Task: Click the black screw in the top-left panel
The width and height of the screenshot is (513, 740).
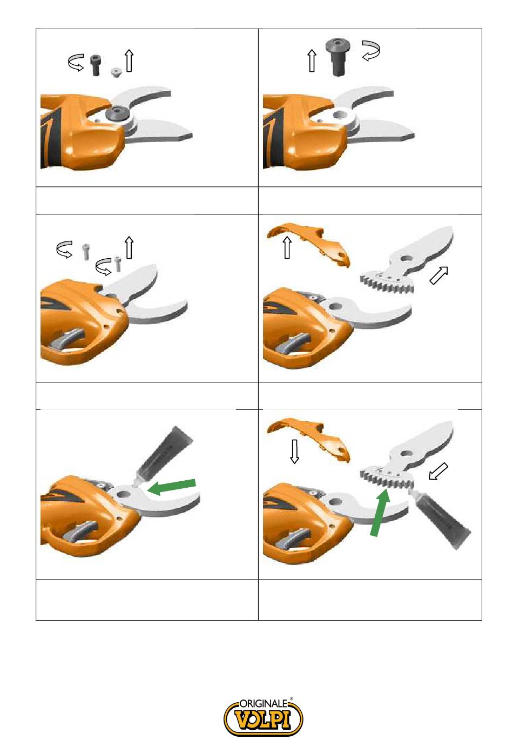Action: [x=96, y=65]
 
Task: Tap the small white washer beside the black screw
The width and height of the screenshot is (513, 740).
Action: [x=116, y=73]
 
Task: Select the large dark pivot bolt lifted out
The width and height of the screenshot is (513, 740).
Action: [x=337, y=58]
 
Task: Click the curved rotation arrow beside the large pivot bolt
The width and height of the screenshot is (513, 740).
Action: [x=370, y=50]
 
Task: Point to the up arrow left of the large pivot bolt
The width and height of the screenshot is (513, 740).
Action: [x=312, y=61]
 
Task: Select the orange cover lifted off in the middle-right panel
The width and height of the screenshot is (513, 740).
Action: [x=308, y=245]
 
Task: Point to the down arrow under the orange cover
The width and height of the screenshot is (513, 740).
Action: [x=294, y=451]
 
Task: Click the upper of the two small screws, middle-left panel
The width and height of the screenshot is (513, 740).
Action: [x=86, y=252]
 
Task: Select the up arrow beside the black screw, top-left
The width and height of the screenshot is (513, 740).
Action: [x=130, y=61]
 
